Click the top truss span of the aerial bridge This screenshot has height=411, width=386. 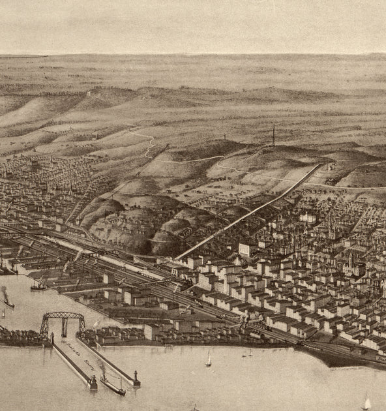click(x=63, y=315)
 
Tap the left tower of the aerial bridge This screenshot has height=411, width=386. click(x=44, y=326)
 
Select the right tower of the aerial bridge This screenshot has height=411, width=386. click(x=82, y=324)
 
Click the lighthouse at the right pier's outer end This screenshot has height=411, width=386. click(x=136, y=379)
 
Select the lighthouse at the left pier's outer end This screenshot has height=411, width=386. click(x=93, y=382)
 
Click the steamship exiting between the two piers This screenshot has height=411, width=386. click(x=111, y=385)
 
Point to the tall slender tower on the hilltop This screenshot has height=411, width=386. click(x=274, y=136)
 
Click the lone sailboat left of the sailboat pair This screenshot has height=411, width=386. click(x=209, y=358)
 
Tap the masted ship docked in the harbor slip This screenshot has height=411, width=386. click(x=39, y=284)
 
